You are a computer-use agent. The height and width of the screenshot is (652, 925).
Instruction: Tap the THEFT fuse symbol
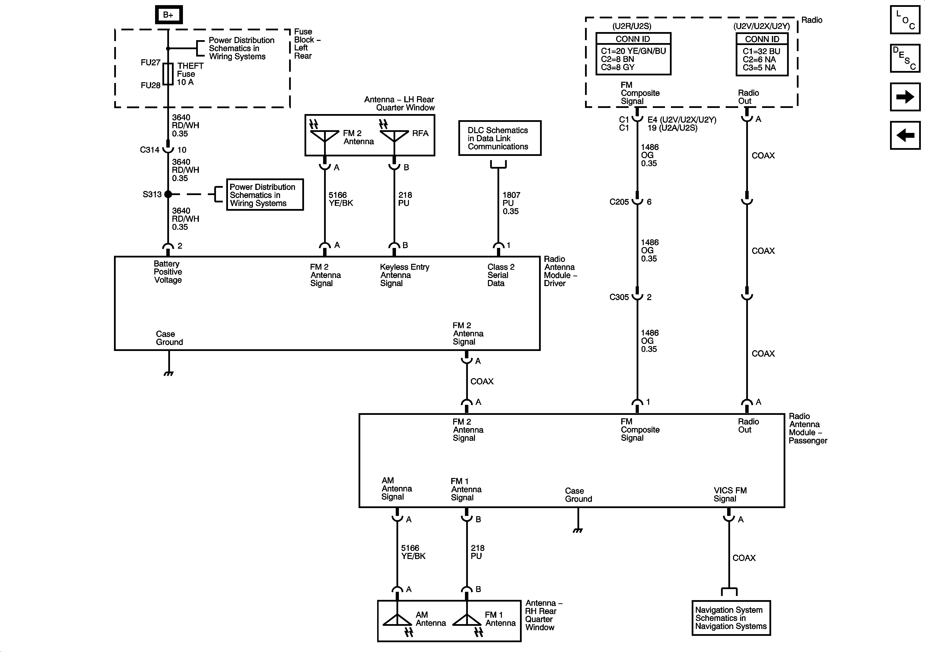click(169, 74)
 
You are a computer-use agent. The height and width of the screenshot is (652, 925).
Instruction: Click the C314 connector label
click(149, 150)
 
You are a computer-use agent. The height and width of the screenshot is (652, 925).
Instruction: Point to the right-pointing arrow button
click(905, 97)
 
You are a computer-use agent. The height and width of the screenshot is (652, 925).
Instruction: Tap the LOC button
click(905, 20)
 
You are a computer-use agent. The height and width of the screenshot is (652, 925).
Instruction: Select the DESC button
click(905, 58)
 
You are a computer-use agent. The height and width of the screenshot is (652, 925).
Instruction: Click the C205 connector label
click(619, 202)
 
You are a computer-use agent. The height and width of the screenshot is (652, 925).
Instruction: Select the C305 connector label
click(619, 297)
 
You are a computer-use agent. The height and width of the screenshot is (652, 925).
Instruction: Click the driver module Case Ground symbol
click(169, 373)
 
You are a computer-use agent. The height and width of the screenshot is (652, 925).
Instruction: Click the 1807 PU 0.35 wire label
click(511, 203)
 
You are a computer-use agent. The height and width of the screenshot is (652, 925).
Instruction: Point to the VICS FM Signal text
click(730, 495)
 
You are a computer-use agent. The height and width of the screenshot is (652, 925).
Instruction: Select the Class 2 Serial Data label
click(501, 275)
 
